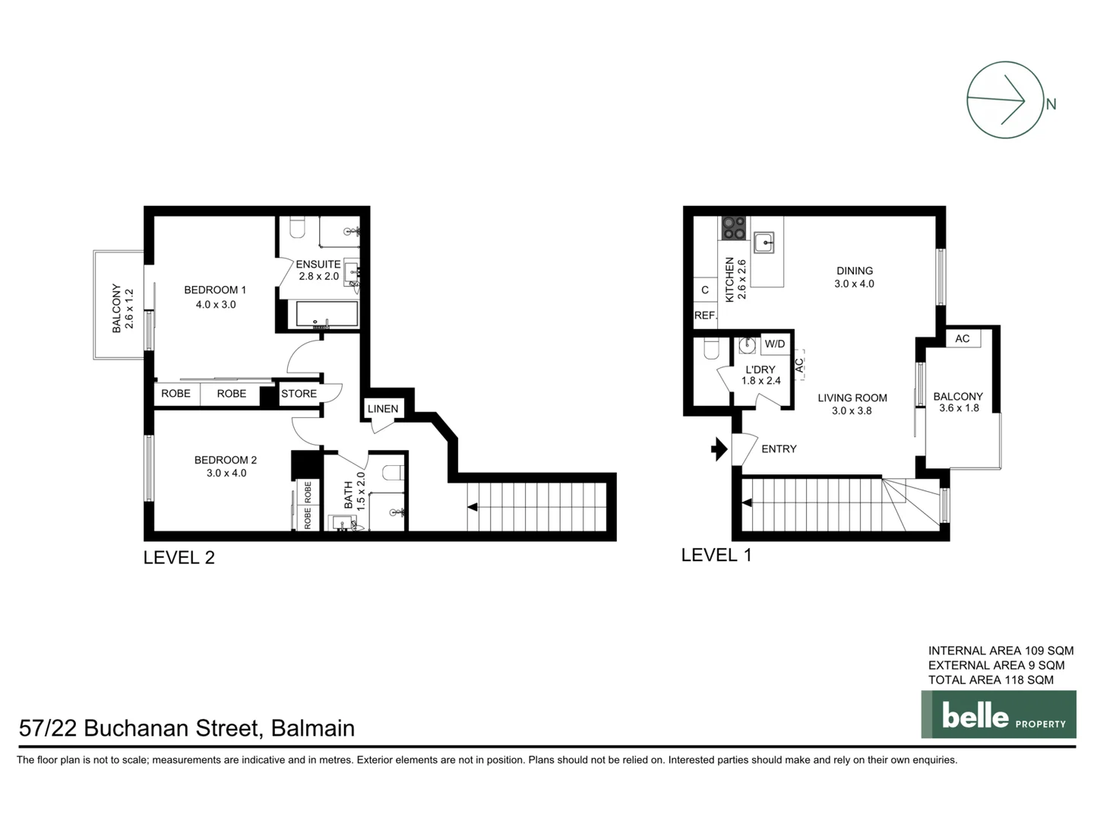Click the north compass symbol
coord(1004,100)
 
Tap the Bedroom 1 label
coord(215,290)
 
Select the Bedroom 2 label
coord(226,460)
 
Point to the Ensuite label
coord(318,265)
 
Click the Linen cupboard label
coord(383,409)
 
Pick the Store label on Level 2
coord(299,394)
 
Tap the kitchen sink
coord(764,242)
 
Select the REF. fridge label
coord(705,315)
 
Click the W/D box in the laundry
coord(775,344)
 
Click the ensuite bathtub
coord(326,315)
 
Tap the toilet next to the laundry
coord(711,349)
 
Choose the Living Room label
coord(852,398)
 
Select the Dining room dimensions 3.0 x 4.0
coord(854,284)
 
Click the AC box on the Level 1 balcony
coord(963,338)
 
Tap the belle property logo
coord(998,715)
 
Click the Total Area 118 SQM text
coord(991,680)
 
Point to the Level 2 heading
coord(179,557)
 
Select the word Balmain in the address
coord(313,728)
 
